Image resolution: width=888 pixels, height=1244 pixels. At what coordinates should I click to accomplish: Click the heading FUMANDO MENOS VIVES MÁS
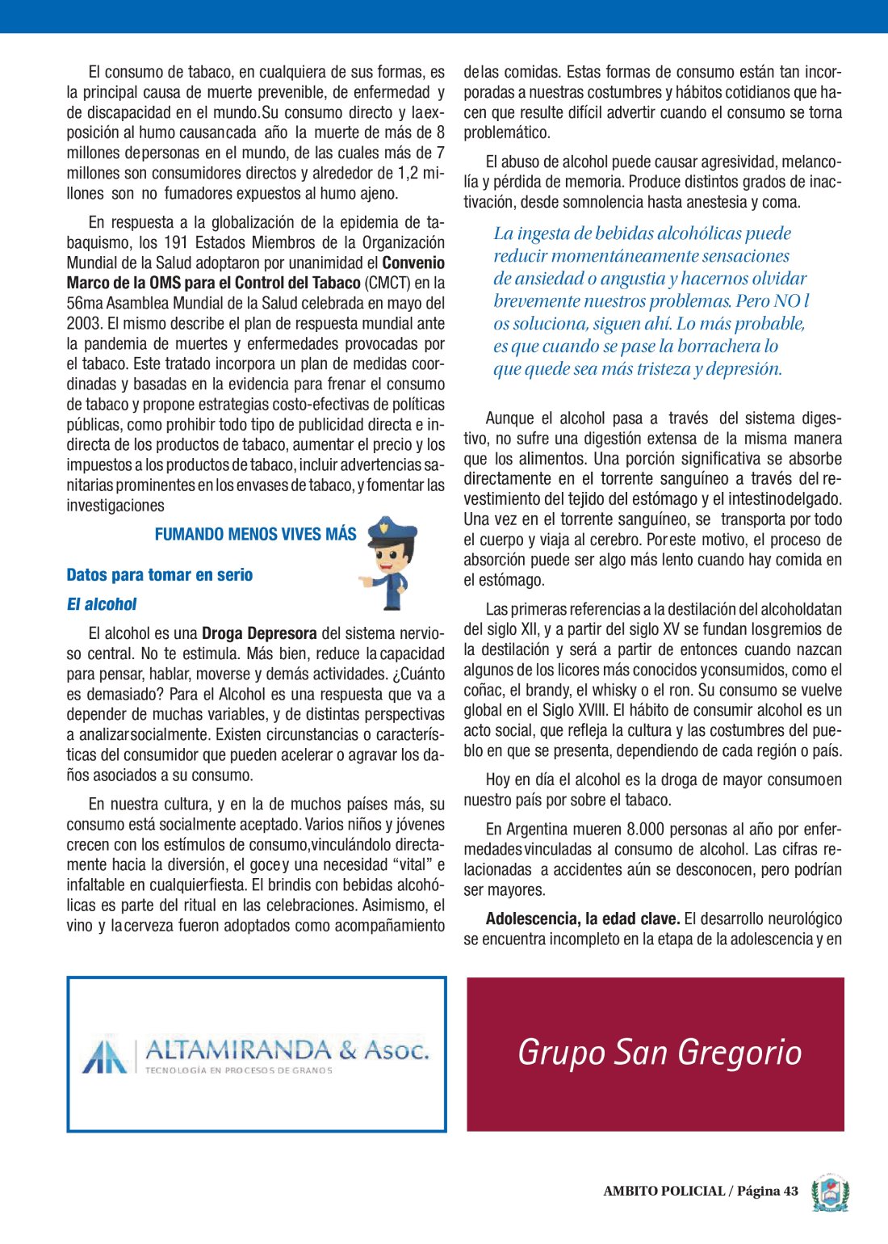tap(255, 535)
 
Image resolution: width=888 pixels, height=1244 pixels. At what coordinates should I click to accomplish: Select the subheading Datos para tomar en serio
tap(159, 575)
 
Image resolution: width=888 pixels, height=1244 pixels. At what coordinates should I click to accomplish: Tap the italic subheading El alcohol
tap(102, 604)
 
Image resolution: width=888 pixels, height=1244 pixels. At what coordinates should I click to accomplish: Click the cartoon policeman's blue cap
tap(392, 532)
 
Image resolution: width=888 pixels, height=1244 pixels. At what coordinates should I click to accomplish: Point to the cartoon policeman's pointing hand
tap(367, 581)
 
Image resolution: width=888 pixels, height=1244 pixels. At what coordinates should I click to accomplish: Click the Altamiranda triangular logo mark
tap(106, 1056)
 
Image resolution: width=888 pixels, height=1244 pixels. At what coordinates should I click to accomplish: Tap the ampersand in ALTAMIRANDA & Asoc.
tap(348, 1049)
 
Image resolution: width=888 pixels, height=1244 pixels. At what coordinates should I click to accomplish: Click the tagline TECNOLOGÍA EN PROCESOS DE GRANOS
tap(238, 1070)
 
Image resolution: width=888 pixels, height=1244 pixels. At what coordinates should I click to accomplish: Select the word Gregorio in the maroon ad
tap(740, 1053)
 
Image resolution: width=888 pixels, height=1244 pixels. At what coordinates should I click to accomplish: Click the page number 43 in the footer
tap(790, 1191)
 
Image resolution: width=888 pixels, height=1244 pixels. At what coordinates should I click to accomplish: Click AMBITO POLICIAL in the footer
tap(664, 1191)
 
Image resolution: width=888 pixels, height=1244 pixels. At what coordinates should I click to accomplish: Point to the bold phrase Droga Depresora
tap(259, 634)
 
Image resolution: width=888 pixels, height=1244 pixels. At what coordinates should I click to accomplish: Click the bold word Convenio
tap(413, 263)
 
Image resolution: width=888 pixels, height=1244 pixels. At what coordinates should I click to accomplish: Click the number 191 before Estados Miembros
tap(176, 243)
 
